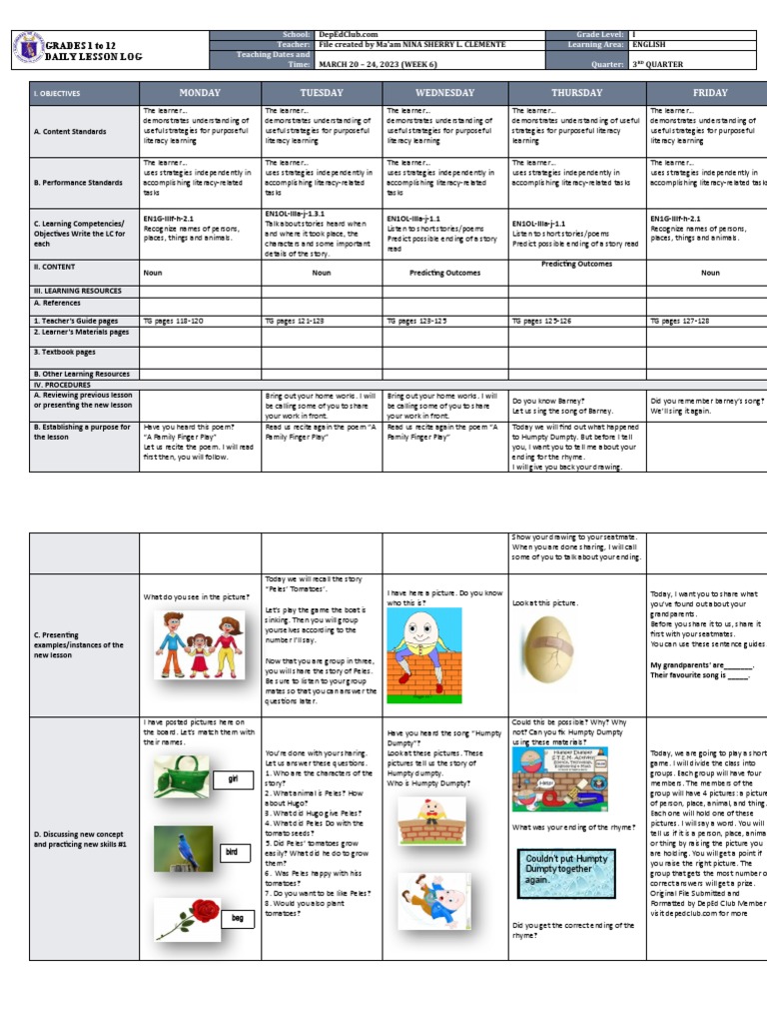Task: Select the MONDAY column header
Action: pos(199,93)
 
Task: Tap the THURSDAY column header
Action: pos(576,93)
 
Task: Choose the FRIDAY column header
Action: pos(710,93)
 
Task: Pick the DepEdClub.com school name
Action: pos(345,34)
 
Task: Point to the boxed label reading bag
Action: pos(238,916)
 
